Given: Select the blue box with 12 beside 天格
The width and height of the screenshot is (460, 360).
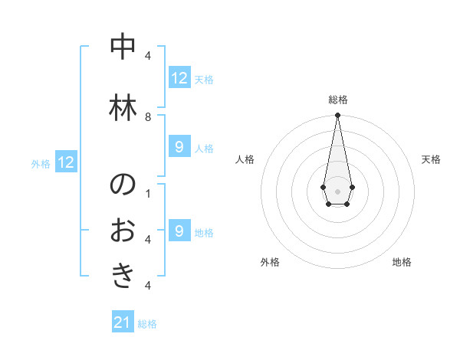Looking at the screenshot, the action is [x=179, y=78].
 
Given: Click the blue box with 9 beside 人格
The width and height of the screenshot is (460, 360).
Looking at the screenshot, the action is [x=179, y=147].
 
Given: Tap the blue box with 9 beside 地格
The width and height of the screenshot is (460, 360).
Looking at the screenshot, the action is [x=179, y=231].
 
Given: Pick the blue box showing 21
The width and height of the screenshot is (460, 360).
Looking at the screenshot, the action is [x=123, y=322].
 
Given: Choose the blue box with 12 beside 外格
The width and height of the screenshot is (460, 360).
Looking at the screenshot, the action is [x=66, y=162].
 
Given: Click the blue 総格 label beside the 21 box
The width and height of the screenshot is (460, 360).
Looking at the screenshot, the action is [x=147, y=324].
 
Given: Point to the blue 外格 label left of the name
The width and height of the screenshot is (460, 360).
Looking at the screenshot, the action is [x=41, y=163].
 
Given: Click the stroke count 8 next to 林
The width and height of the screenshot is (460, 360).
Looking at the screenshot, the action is [x=148, y=116].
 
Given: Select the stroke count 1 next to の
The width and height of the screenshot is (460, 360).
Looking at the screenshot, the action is [x=148, y=193].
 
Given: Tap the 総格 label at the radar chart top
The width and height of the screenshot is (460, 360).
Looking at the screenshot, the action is [x=337, y=100].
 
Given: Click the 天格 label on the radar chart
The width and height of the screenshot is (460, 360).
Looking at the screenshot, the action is [x=431, y=159].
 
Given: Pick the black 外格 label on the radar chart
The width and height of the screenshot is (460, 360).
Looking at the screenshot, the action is [x=270, y=262].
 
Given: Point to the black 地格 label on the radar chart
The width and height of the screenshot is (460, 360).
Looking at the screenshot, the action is [x=402, y=262].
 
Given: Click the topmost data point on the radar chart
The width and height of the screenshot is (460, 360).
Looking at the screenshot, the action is [x=337, y=116].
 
